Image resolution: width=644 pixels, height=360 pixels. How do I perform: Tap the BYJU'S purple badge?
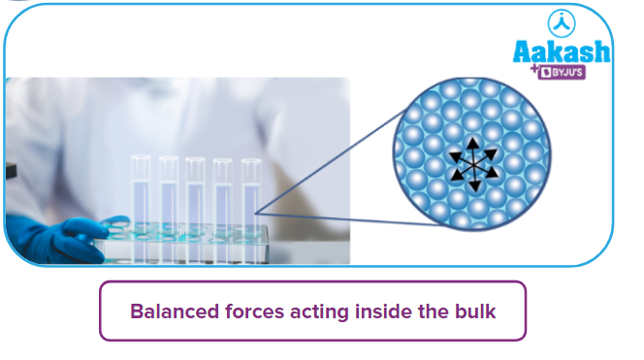coord(583,72)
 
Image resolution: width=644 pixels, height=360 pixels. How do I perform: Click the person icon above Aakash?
coord(563,22)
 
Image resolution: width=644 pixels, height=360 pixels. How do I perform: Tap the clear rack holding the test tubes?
coord(194,243)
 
